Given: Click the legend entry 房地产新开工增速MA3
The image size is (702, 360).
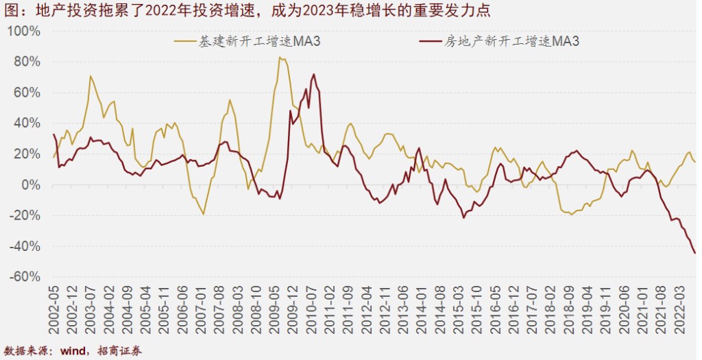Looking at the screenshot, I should [x=512, y=42].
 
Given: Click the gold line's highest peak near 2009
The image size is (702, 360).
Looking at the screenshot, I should [x=280, y=58].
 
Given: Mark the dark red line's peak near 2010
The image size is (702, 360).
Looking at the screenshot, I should [x=314, y=74].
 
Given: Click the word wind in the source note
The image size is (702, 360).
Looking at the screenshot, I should [x=73, y=351].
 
